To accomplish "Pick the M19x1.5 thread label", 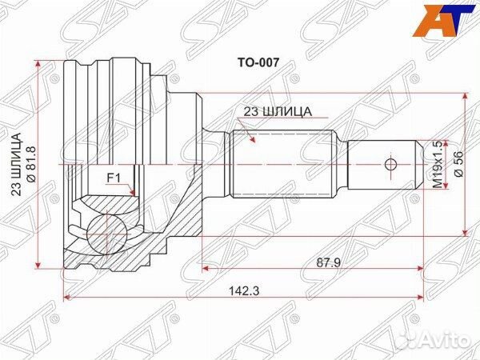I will (437, 164).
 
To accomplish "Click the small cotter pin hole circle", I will (390, 165).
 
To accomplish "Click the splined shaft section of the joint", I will (280, 164).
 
